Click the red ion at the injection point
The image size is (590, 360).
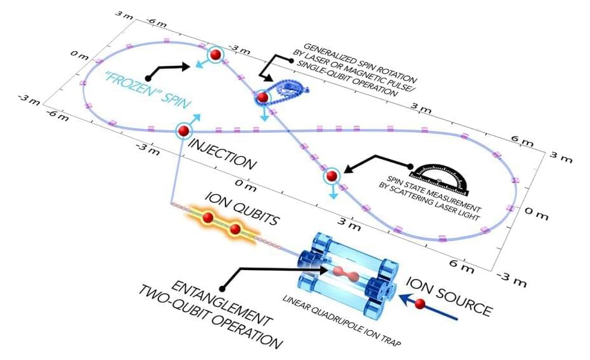click(x=183, y=131)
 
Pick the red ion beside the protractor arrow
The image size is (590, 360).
click(x=331, y=176)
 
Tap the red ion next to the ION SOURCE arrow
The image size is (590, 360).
click(x=420, y=306)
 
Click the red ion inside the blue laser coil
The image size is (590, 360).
click(x=262, y=97)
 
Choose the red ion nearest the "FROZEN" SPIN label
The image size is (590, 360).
click(x=215, y=56)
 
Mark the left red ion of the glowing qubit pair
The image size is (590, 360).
click(x=208, y=218)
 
